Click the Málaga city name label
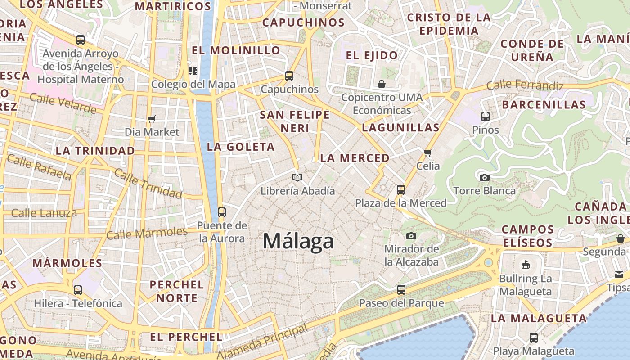click(x=298, y=241)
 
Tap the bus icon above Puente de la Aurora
click(x=221, y=212)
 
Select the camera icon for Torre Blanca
click(x=484, y=177)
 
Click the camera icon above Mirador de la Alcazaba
click(x=411, y=236)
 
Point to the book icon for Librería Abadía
click(x=297, y=177)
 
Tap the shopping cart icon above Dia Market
click(x=152, y=119)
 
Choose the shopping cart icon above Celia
click(x=427, y=153)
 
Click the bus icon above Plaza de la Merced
click(x=401, y=190)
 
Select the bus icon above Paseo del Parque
click(x=401, y=290)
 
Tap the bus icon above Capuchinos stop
click(x=289, y=76)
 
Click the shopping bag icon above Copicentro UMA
click(x=382, y=84)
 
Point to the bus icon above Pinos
click(x=486, y=117)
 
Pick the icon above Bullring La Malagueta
click(x=525, y=265)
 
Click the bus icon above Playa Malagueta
click(x=534, y=337)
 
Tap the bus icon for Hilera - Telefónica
click(x=78, y=290)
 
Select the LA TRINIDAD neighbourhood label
click(x=95, y=151)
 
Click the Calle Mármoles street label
click(x=147, y=233)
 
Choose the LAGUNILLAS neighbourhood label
click(x=400, y=127)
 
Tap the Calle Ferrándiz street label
click(x=525, y=85)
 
